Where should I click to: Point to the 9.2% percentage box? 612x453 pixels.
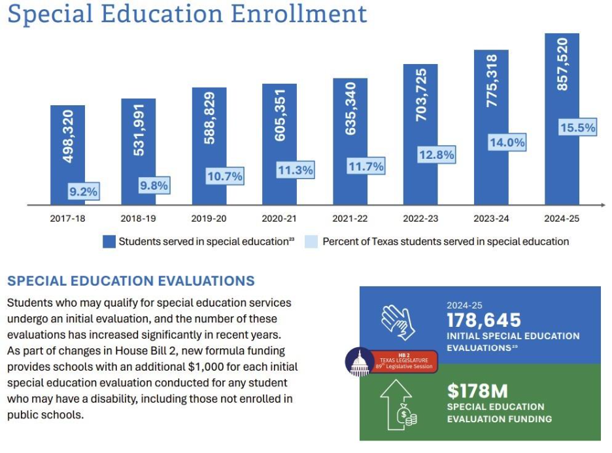83,192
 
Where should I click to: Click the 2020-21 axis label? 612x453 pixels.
279,218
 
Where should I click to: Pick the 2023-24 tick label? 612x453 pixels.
491,218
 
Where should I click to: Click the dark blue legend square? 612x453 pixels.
109,242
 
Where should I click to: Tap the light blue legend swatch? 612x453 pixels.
311,242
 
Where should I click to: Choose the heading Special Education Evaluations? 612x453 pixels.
131,281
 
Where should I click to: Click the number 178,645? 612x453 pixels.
484,320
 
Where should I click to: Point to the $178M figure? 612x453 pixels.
477,391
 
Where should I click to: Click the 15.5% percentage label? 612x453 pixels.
577,127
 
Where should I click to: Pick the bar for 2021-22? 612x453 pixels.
350,141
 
